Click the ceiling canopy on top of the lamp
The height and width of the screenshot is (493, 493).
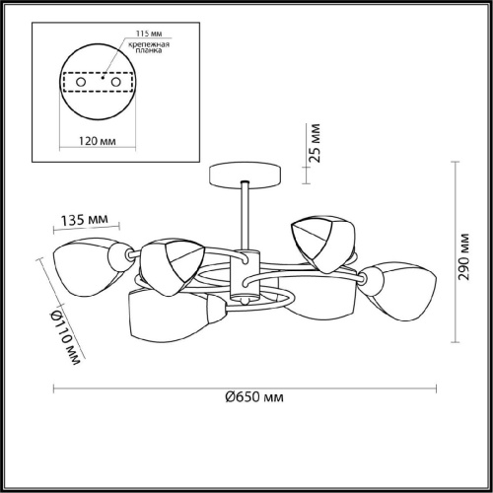point(245,176)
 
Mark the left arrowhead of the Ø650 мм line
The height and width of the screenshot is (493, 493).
point(55,383)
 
